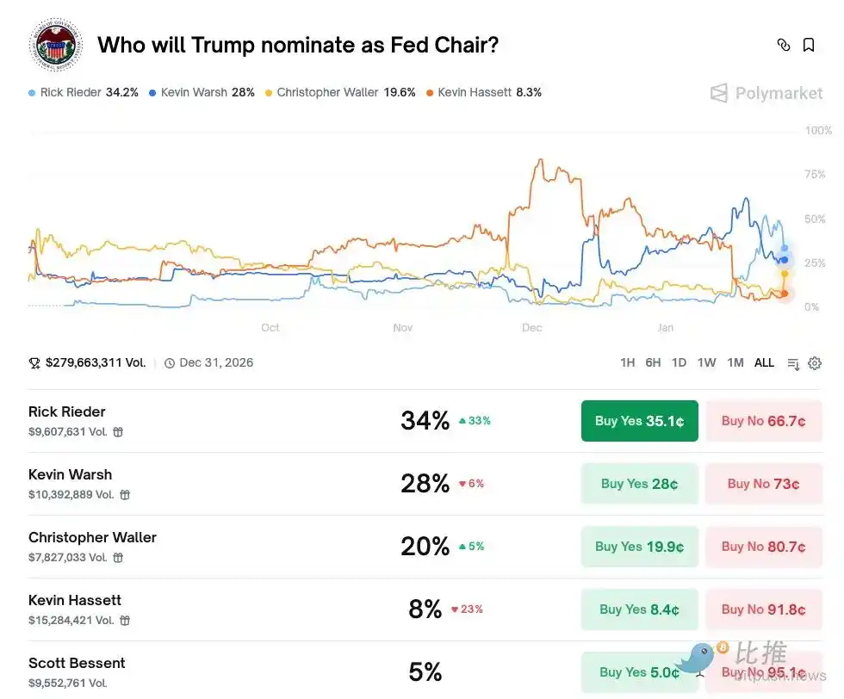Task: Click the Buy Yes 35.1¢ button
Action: (639, 421)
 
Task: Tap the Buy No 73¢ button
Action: (763, 484)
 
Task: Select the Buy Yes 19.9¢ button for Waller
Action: (639, 547)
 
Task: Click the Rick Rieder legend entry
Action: (84, 92)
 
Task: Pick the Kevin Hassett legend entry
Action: (484, 92)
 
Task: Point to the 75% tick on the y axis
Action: (815, 175)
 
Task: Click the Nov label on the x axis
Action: (403, 328)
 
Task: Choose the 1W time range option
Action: (706, 363)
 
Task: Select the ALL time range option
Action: (764, 363)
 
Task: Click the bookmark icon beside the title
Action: (809, 45)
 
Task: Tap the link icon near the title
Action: (783, 45)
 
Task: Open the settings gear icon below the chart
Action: (815, 363)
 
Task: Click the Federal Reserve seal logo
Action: (56, 45)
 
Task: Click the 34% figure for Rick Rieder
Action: (425, 421)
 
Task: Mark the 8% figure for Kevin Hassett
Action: (425, 609)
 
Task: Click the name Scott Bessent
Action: (77, 663)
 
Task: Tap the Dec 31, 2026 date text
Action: (216, 363)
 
